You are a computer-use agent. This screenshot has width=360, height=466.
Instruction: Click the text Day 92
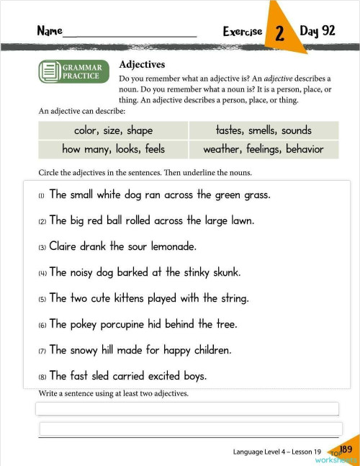pos(318,31)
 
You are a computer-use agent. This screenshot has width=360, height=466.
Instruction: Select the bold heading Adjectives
pos(142,65)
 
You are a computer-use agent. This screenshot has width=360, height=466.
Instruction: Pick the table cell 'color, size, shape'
pos(113,130)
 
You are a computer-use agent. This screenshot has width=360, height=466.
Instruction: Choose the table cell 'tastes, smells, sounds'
pos(264,130)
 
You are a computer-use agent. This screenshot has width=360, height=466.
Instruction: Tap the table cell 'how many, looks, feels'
pos(113,149)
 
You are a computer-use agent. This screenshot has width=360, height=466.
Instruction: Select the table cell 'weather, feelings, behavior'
pos(264,149)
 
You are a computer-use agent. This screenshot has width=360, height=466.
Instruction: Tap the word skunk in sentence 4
pos(223,272)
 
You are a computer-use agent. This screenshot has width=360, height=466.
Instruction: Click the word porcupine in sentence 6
pos(117,324)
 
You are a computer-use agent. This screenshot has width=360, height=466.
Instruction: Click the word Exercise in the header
pos(243,32)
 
